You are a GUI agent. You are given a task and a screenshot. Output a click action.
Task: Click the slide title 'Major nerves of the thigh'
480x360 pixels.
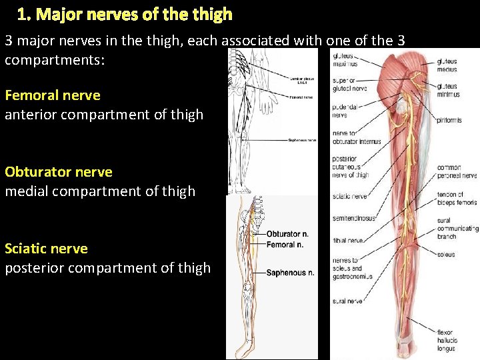pyautogui.click(x=125, y=14)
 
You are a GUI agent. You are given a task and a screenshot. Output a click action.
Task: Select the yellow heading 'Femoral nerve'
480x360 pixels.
pyautogui.click(x=53, y=95)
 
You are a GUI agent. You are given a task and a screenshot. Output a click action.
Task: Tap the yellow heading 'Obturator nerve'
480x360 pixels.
pyautogui.click(x=59, y=171)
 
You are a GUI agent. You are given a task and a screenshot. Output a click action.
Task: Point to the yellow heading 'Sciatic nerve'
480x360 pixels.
pyautogui.click(x=46, y=248)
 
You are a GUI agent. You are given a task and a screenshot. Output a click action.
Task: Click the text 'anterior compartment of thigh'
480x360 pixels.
pyautogui.click(x=104, y=114)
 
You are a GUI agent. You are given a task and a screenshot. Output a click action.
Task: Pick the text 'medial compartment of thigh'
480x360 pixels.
pyautogui.click(x=100, y=191)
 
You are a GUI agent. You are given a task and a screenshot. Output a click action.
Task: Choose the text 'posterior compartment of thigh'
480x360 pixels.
pyautogui.click(x=107, y=267)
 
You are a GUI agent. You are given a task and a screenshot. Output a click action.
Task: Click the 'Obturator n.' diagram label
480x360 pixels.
pyautogui.click(x=287, y=235)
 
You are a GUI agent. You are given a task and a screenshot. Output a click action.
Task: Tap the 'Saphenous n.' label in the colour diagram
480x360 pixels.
pyautogui.click(x=290, y=273)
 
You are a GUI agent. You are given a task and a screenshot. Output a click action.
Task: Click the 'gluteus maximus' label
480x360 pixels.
pyautogui.click(x=345, y=59)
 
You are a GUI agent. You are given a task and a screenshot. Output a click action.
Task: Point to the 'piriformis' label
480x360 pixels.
pyautogui.click(x=449, y=121)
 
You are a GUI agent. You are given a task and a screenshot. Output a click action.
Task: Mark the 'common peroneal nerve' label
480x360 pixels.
pyautogui.click(x=457, y=172)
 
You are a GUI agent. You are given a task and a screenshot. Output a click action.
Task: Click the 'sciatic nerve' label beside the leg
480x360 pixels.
pyautogui.click(x=350, y=197)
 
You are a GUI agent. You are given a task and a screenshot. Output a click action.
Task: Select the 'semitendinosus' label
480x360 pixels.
pyautogui.click(x=353, y=218)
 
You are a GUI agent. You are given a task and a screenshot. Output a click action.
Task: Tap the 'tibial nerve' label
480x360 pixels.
pyautogui.click(x=348, y=241)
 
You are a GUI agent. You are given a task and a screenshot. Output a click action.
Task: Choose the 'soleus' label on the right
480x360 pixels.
pyautogui.click(x=446, y=254)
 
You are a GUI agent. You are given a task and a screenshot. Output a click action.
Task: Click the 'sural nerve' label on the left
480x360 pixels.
pyautogui.click(x=347, y=301)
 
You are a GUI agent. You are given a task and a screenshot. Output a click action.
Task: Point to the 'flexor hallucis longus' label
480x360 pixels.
pyautogui.click(x=447, y=340)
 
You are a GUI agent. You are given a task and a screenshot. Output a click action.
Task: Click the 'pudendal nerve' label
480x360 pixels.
pyautogui.click(x=347, y=111)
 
